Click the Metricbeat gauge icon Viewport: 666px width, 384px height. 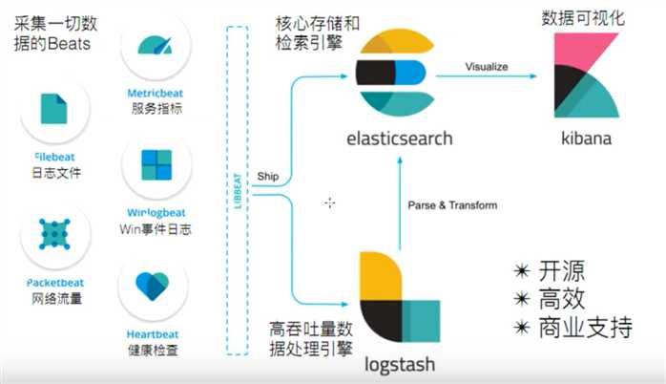click(x=156, y=45)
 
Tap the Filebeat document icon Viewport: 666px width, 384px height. click(x=54, y=111)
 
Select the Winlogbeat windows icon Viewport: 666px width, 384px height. click(x=156, y=164)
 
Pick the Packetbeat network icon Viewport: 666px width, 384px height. click(x=54, y=233)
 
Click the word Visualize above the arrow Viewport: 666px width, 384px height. click(x=487, y=66)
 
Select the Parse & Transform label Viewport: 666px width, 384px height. click(x=452, y=205)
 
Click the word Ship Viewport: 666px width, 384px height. click(x=267, y=177)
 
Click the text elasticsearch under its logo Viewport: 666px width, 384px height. click(x=399, y=139)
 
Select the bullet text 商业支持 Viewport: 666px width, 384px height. click(x=582, y=329)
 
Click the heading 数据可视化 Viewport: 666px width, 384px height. click(x=583, y=18)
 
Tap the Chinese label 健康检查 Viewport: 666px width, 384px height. click(x=156, y=350)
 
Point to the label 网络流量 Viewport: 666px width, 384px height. click(x=54, y=298)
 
